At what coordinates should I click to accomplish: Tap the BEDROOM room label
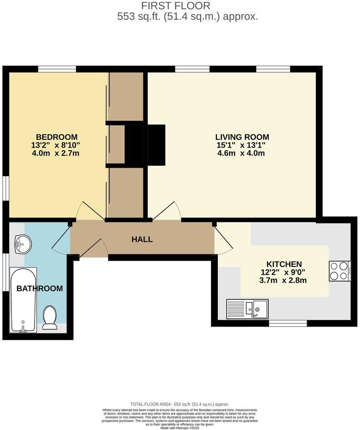[x=57, y=137]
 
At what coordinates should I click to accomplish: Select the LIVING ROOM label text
[x=242, y=137]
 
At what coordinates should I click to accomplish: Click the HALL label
[x=142, y=239]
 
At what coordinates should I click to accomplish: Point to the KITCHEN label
[x=284, y=264]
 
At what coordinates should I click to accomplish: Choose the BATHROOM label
[x=40, y=288]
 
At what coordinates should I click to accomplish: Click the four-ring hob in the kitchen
[x=339, y=272]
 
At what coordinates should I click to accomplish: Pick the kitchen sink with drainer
[x=247, y=309]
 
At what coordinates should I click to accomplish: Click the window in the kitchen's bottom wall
[x=287, y=324]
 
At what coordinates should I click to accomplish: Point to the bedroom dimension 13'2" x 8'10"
[x=57, y=145]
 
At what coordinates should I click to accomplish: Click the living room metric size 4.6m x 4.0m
[x=242, y=153]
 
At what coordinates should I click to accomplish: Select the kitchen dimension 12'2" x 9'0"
[x=284, y=272]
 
